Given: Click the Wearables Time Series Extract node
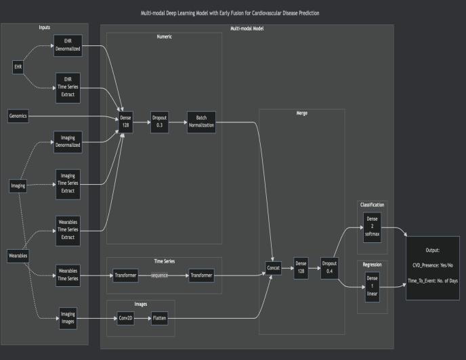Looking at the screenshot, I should click(x=67, y=227).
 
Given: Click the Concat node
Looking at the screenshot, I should click(x=274, y=267).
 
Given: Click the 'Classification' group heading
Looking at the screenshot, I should click(x=372, y=204).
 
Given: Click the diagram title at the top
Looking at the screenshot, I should click(x=232, y=13).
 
